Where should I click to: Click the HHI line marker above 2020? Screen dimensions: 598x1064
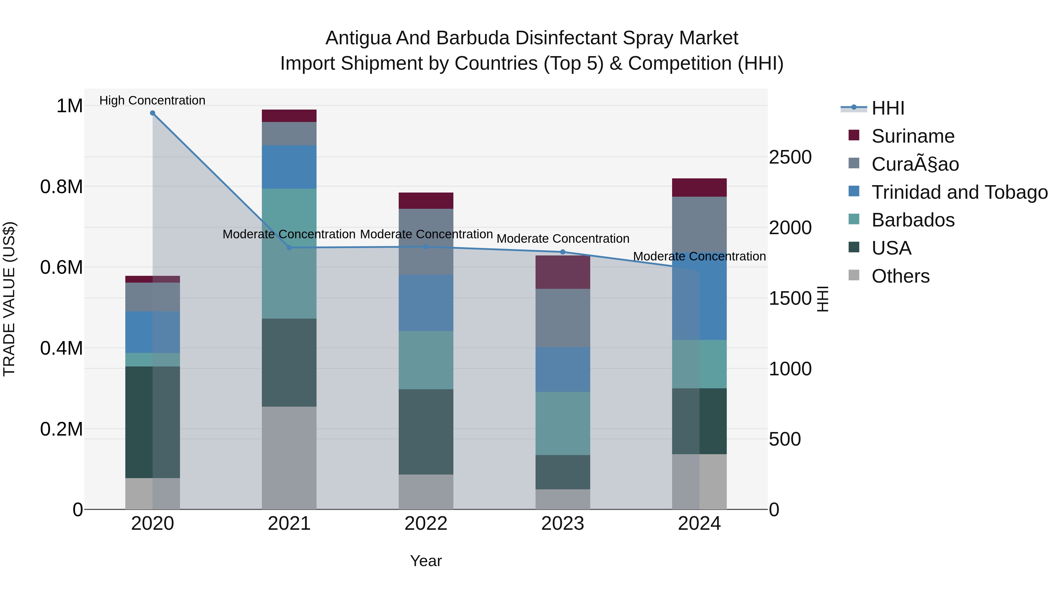click(x=153, y=113)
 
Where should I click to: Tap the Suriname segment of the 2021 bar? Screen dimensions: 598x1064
click(x=289, y=116)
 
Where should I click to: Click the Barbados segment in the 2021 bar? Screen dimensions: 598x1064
click(x=289, y=253)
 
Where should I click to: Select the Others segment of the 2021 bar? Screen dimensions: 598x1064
click(x=289, y=458)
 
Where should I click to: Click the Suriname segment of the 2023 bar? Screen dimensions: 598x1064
click(x=562, y=272)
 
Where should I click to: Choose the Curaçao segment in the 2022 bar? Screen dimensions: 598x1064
click(x=426, y=242)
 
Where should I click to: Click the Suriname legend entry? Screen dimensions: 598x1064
click(x=913, y=136)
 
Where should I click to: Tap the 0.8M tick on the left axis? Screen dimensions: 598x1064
click(x=61, y=187)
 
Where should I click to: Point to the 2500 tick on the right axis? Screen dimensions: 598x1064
click(x=790, y=157)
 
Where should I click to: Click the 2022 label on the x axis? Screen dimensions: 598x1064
click(x=426, y=524)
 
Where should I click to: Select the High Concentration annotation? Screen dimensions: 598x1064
click(x=153, y=100)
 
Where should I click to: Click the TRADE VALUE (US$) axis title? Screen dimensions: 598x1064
click(x=9, y=299)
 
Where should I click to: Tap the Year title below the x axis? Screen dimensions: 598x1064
click(x=426, y=561)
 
